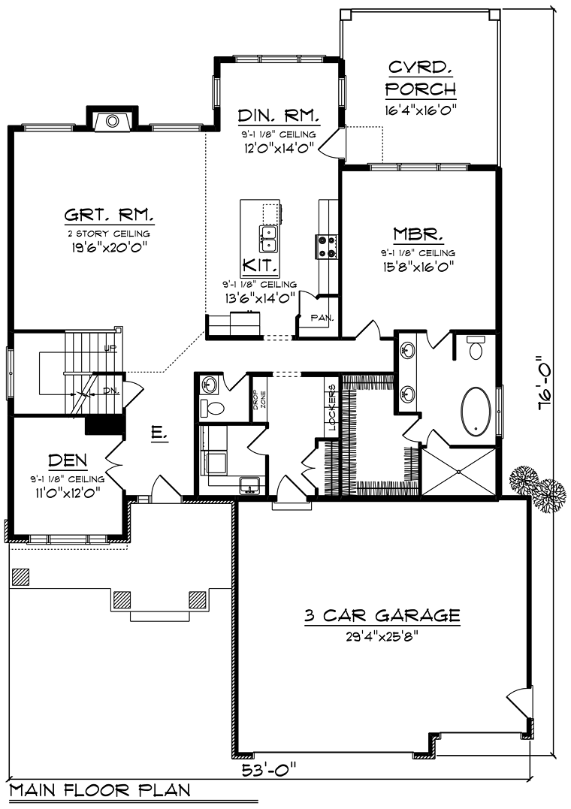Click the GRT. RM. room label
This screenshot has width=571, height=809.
(x=109, y=214)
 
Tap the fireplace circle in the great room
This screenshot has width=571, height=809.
(x=111, y=122)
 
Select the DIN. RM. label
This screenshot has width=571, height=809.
(x=279, y=116)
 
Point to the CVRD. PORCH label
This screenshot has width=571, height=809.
(x=421, y=77)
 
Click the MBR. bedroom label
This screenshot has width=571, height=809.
(x=418, y=235)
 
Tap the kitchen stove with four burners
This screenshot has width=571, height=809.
(x=326, y=246)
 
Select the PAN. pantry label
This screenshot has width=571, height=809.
(x=322, y=317)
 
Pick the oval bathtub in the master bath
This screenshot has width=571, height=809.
(x=476, y=411)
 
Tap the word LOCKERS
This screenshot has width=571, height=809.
(x=331, y=407)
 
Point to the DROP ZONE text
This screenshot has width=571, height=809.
(x=259, y=399)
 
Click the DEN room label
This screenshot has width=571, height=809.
(x=67, y=460)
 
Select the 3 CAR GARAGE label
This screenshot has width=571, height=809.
(x=382, y=615)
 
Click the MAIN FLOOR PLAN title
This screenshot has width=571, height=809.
(x=100, y=790)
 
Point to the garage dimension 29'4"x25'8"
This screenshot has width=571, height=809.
(x=382, y=636)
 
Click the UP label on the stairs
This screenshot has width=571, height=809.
(x=110, y=348)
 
